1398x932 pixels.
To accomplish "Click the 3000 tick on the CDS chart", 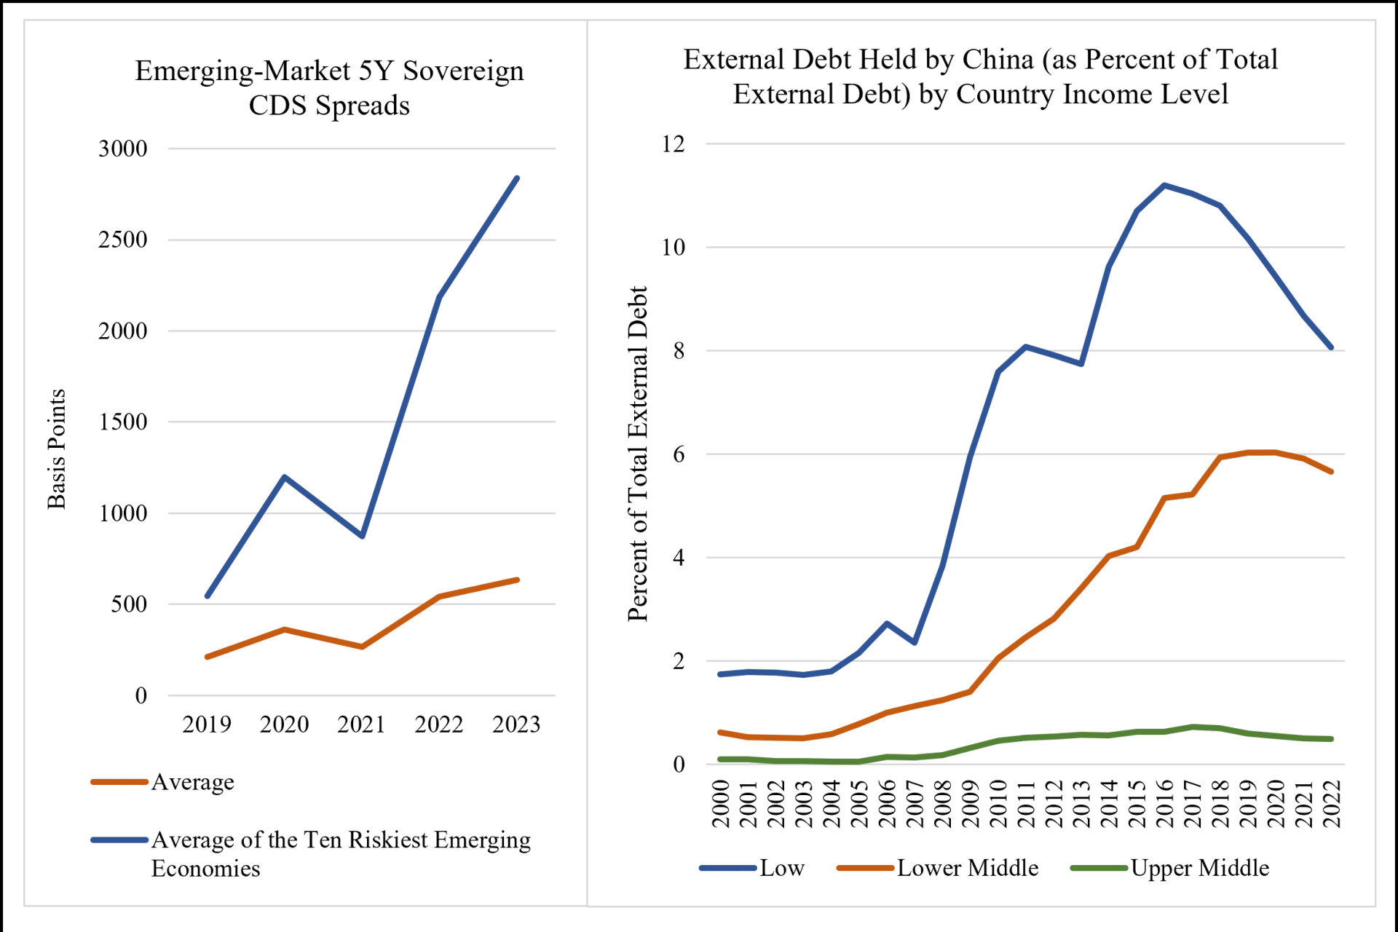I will point(123,149).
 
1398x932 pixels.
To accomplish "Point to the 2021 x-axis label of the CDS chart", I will point(361,724).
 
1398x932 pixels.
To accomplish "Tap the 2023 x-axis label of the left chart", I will point(516,724).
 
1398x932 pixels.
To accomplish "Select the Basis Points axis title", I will point(57,449).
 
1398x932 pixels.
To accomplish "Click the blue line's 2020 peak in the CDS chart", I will point(284,477).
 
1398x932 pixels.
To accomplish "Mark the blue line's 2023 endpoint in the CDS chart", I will point(517,178).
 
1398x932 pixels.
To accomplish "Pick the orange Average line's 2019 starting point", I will point(208,657).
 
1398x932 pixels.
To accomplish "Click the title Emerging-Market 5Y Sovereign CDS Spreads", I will point(329,88).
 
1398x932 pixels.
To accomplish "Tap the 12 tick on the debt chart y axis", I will point(674,144).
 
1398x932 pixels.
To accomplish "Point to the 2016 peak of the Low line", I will point(1164,185).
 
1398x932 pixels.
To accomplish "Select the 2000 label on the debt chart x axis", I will point(721,803).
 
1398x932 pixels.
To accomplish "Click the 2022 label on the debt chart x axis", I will point(1332,803).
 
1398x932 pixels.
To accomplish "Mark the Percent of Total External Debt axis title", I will point(638,453).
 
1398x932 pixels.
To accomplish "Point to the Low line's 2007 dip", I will point(915,642).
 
